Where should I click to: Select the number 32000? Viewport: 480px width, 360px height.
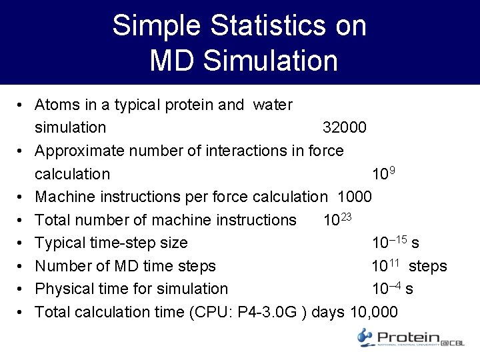(344, 127)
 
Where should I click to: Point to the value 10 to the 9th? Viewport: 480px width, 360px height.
(383, 173)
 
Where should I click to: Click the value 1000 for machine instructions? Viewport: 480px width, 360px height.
(355, 197)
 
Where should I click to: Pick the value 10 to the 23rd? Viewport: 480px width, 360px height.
(337, 219)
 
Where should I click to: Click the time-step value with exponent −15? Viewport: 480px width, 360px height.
(389, 243)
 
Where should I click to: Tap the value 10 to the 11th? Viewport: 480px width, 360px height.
(385, 265)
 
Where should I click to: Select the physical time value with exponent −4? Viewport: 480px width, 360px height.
(387, 289)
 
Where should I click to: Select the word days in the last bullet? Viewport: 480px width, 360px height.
(328, 311)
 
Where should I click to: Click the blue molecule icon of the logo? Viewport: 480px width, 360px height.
(366, 337)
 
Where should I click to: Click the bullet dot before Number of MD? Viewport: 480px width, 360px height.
(22, 266)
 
